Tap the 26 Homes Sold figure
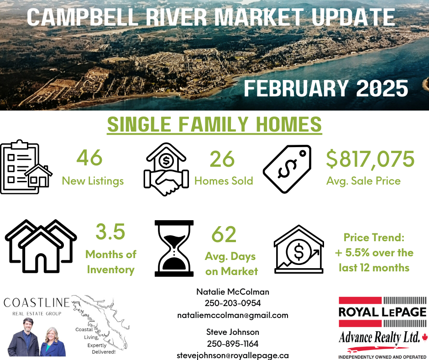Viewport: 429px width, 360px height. [222, 159]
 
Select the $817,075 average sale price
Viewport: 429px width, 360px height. [370, 159]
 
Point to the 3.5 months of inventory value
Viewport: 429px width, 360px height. [110, 232]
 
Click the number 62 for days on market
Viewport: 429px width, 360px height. [224, 234]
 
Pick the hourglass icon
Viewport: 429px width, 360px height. [174, 248]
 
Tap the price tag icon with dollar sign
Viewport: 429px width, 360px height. [287, 169]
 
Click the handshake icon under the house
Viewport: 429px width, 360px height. [166, 182]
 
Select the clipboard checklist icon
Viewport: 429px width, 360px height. [26, 167]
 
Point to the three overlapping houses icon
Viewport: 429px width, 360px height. [41, 246]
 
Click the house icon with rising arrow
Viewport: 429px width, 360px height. [299, 249]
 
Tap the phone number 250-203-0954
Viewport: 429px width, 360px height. [233, 303]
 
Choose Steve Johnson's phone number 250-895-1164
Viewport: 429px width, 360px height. [233, 344]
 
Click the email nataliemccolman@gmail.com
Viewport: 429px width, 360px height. [233, 315]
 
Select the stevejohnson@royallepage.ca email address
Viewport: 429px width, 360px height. [233, 355]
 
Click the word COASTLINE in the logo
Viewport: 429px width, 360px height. [37, 303]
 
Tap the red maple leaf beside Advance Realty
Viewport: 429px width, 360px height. [425, 337]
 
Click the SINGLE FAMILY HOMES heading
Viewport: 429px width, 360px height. [214, 124]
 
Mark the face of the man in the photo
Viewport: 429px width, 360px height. [28, 325]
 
